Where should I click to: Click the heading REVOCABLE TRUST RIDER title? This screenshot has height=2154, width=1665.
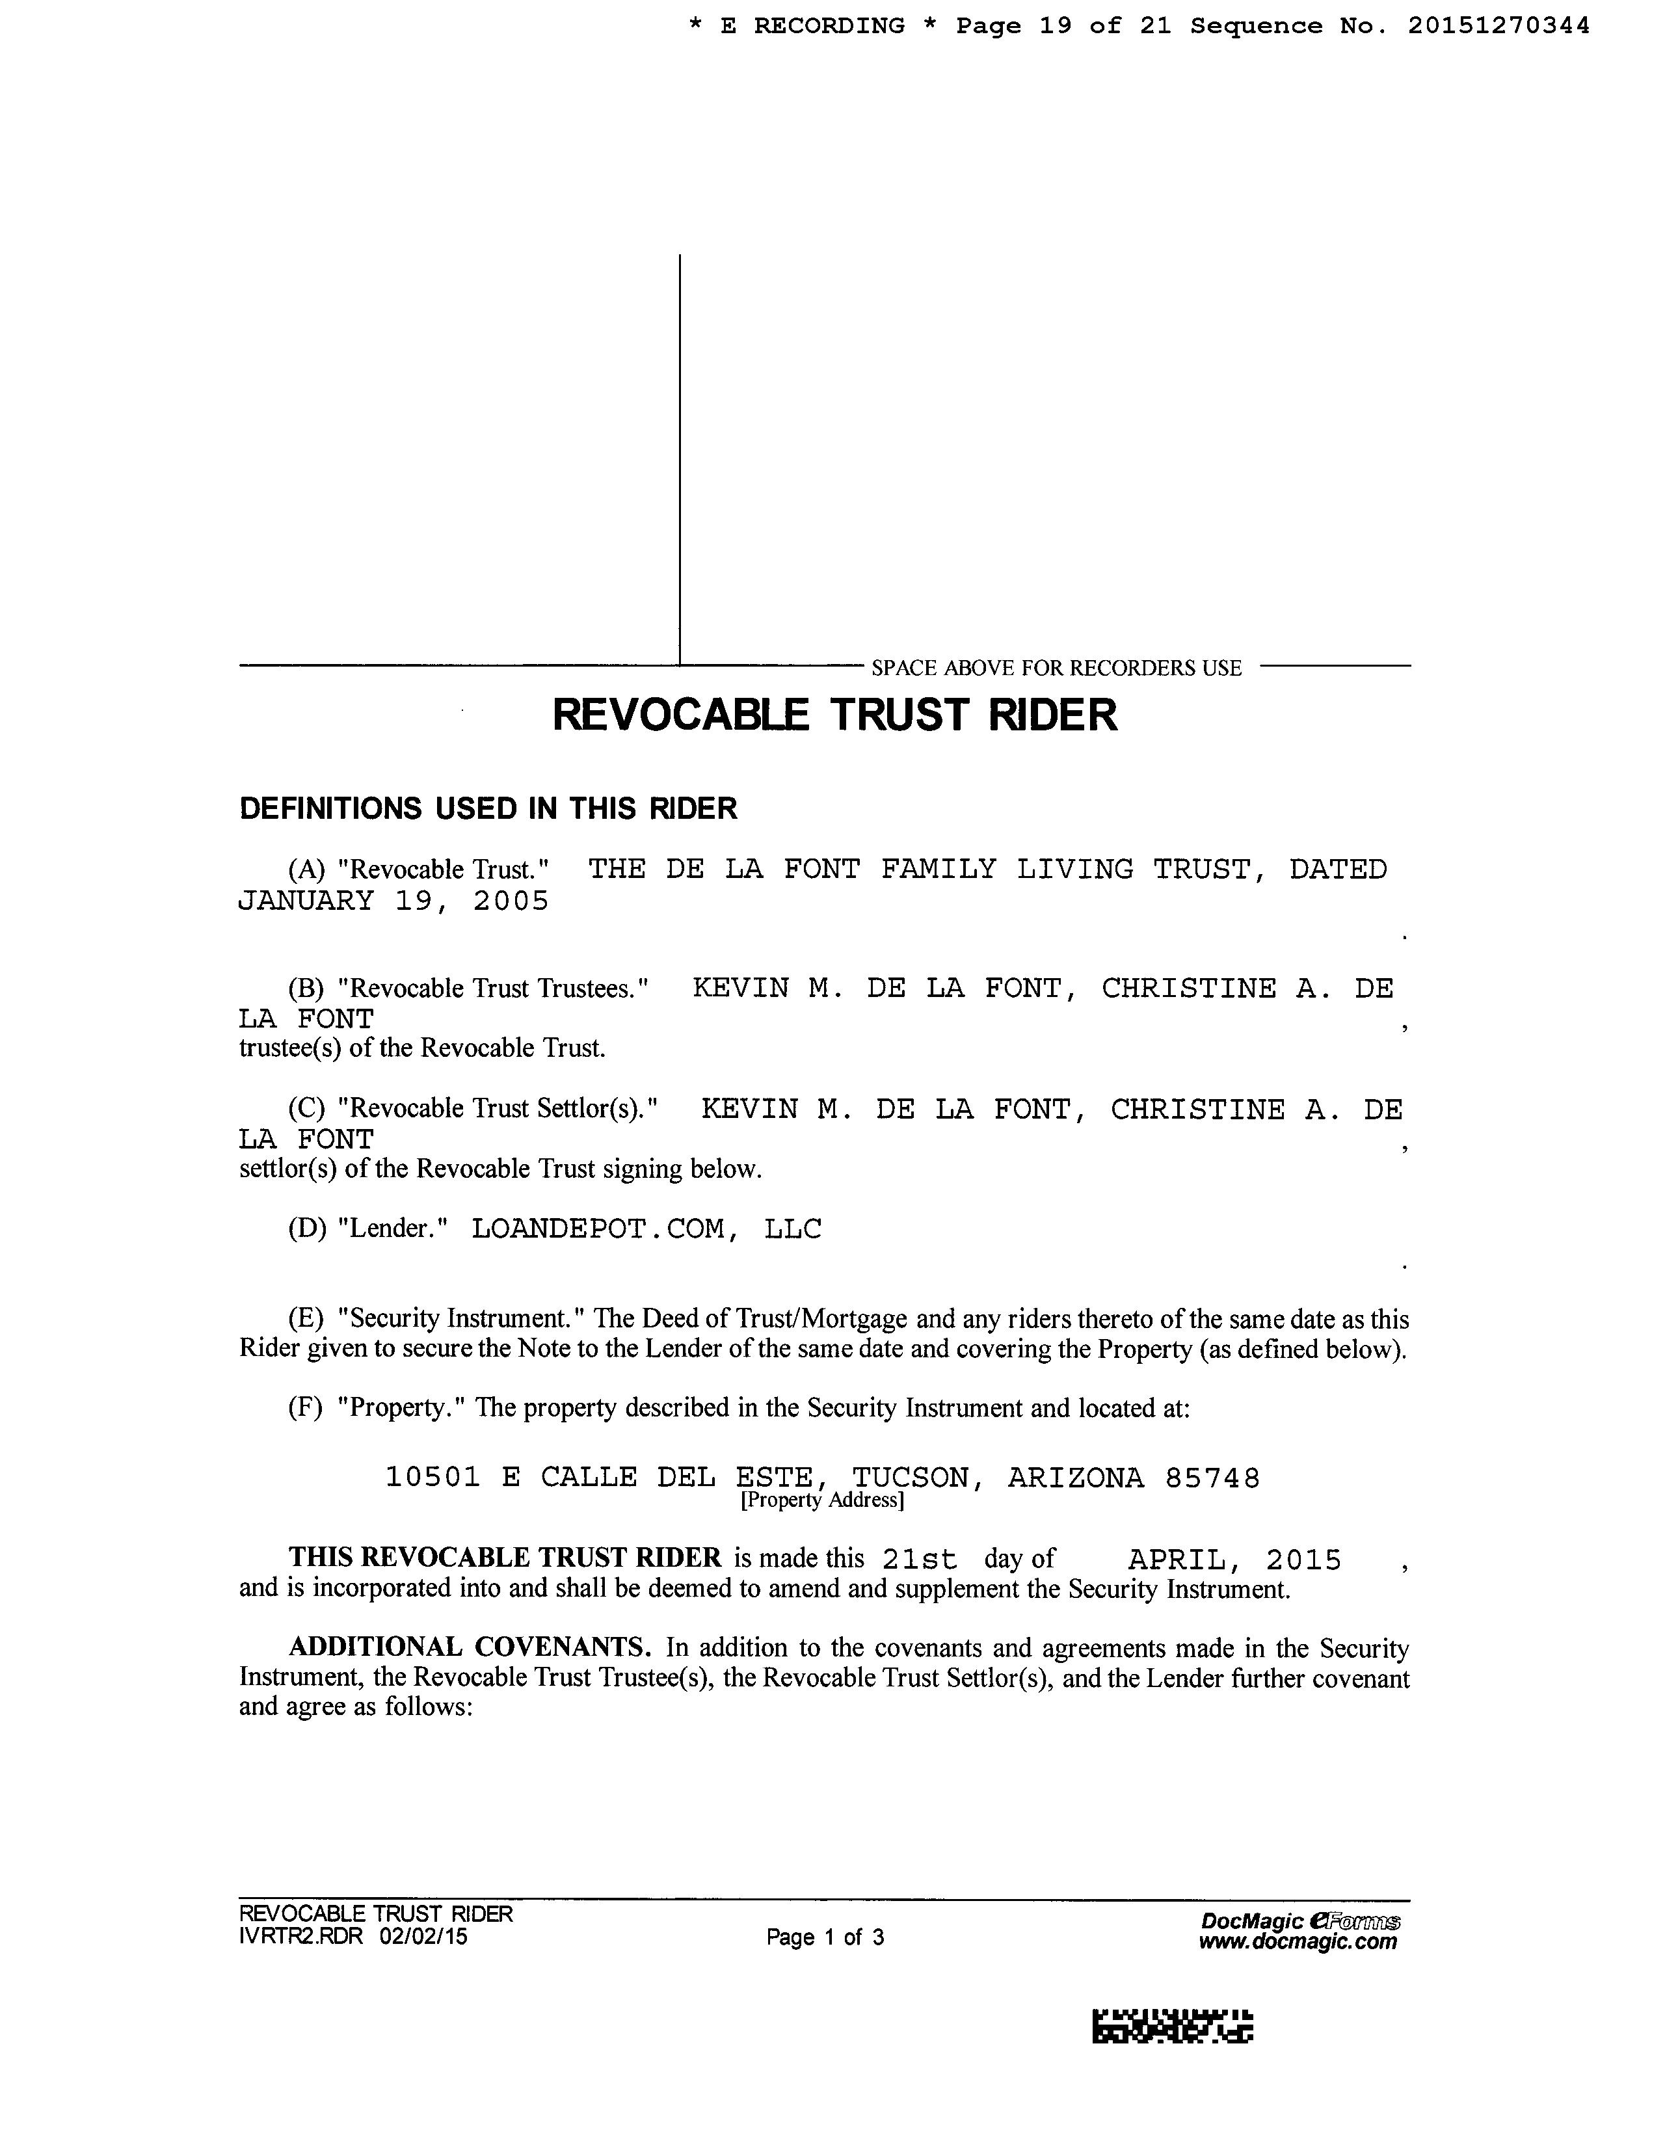834,714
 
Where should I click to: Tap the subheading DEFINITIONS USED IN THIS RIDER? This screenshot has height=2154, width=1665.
488,809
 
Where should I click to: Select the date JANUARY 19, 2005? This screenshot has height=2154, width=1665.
393,901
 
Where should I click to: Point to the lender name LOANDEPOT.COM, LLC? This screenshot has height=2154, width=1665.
646,1229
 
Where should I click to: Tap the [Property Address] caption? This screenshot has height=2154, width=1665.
821,1500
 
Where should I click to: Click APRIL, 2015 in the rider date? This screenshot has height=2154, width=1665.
1234,1560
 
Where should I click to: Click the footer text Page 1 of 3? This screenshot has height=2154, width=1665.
825,1937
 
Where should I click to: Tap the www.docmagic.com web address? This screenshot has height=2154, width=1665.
1298,1942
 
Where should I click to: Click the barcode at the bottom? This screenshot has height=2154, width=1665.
1172,2026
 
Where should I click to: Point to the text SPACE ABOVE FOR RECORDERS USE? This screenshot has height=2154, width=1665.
1056,668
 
